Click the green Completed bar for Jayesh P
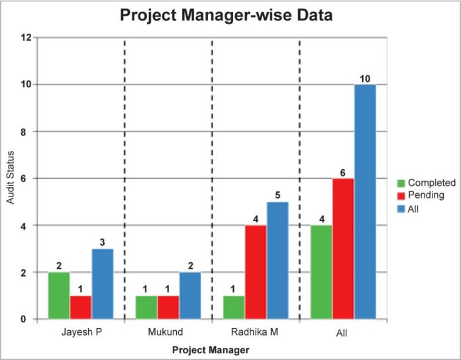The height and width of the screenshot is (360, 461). (58, 296)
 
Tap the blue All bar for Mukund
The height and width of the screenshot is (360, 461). (189, 296)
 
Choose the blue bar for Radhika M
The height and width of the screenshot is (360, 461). (277, 261)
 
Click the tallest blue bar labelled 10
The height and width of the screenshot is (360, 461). (364, 202)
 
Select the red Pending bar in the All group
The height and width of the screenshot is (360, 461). (343, 249)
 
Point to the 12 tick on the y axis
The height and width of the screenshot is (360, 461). (26, 38)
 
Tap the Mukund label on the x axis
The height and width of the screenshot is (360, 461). (168, 332)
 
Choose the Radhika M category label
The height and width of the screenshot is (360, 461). (255, 332)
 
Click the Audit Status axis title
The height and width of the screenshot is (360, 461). (11, 179)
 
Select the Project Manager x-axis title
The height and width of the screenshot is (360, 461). (211, 349)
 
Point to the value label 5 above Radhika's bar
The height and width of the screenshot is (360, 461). (278, 196)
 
